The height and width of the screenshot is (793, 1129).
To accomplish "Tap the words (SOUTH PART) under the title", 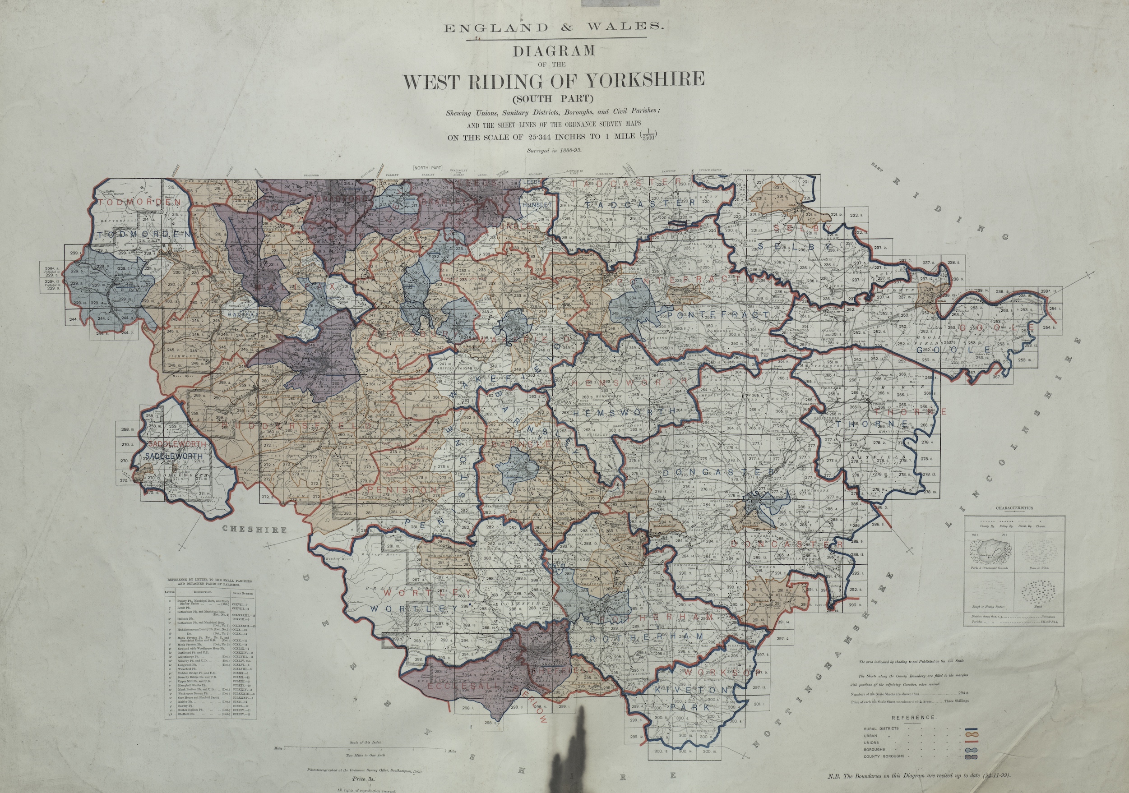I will [x=554, y=97].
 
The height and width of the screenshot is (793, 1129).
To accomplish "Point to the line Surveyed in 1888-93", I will [x=554, y=151].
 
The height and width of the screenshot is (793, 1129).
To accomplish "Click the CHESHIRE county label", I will [x=254, y=530].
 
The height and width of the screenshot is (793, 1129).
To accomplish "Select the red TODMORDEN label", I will [x=139, y=202].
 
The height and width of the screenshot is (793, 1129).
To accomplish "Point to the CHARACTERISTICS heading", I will [x=1014, y=508].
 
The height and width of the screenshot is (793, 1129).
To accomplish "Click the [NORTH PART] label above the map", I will [x=428, y=168].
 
